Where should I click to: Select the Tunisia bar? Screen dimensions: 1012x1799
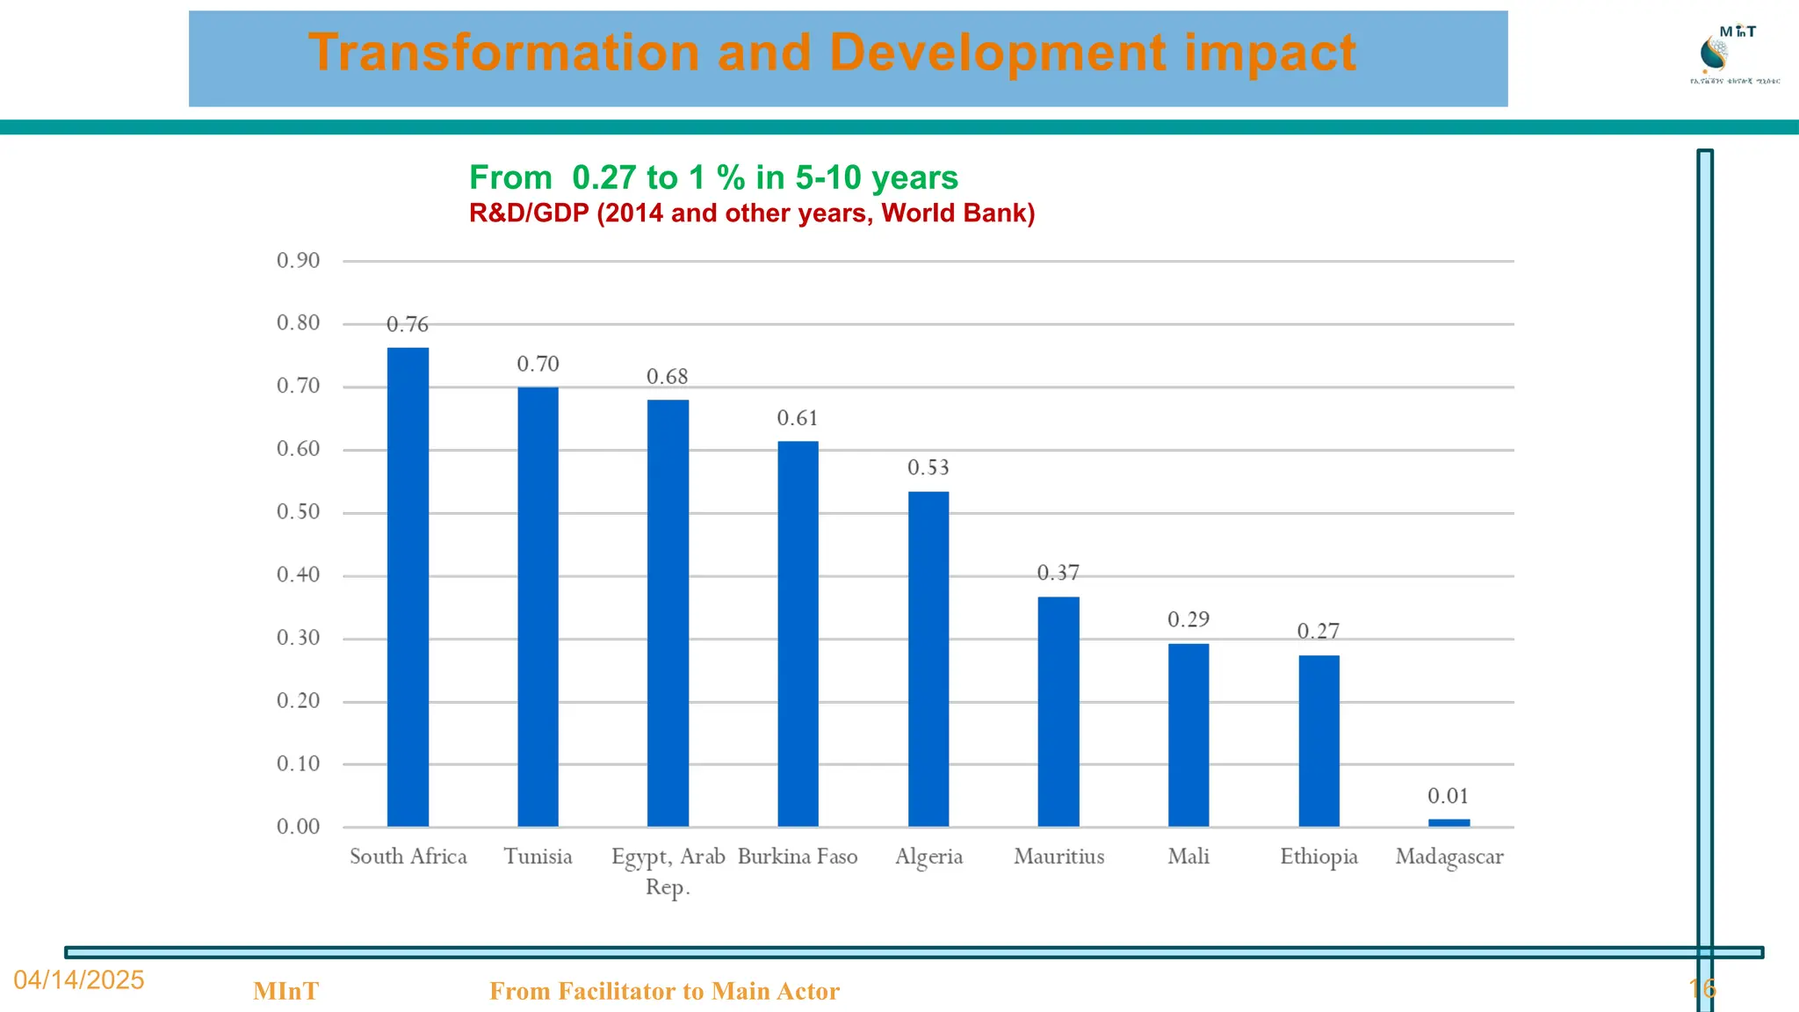tap(538, 606)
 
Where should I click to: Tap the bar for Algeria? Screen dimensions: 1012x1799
tap(928, 659)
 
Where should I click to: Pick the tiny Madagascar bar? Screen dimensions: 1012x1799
tap(1449, 822)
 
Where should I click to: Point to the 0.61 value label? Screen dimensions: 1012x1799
tap(797, 418)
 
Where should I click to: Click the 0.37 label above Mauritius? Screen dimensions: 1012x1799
tap(1058, 573)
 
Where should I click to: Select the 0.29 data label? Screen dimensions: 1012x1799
tap(1188, 619)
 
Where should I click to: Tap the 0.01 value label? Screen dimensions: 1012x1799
tap(1448, 796)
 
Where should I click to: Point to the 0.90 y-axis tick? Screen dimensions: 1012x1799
tap(298, 260)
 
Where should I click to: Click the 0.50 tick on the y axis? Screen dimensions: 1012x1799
tap(298, 511)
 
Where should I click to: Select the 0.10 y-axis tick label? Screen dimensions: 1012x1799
tap(298, 763)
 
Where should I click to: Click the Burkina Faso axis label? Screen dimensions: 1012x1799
tap(797, 857)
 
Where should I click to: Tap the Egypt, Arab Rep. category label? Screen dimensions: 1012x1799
tap(668, 871)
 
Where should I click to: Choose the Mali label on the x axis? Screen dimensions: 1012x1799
tap(1188, 857)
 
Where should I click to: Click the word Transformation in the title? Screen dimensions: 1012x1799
tap(503, 53)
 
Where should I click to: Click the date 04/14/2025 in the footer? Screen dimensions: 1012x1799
tap(79, 979)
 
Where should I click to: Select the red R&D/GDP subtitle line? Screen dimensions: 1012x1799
tap(751, 213)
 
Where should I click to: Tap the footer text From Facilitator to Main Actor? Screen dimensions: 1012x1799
tap(664, 991)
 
